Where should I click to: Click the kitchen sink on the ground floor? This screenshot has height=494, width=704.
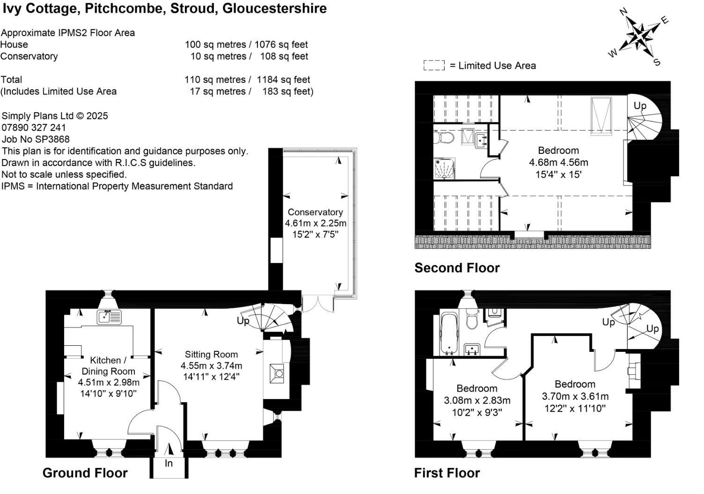point(109,317)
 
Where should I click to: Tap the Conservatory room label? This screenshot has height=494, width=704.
point(315,212)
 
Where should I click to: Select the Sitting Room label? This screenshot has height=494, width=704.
point(211,354)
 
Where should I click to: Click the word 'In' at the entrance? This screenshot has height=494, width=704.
point(169,463)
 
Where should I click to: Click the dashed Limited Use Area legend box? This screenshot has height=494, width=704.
point(433,65)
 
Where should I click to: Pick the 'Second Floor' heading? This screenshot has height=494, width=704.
point(457,268)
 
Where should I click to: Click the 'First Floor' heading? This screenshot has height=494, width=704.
point(447,473)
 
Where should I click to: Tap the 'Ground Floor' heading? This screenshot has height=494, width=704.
point(85,473)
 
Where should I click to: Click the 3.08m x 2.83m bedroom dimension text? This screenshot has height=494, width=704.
point(477,400)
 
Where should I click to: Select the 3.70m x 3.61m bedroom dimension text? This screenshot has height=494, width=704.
point(575,396)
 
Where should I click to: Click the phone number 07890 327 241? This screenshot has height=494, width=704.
point(34,128)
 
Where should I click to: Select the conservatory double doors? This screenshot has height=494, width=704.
point(318,304)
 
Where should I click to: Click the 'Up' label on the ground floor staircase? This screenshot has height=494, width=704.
point(243,320)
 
